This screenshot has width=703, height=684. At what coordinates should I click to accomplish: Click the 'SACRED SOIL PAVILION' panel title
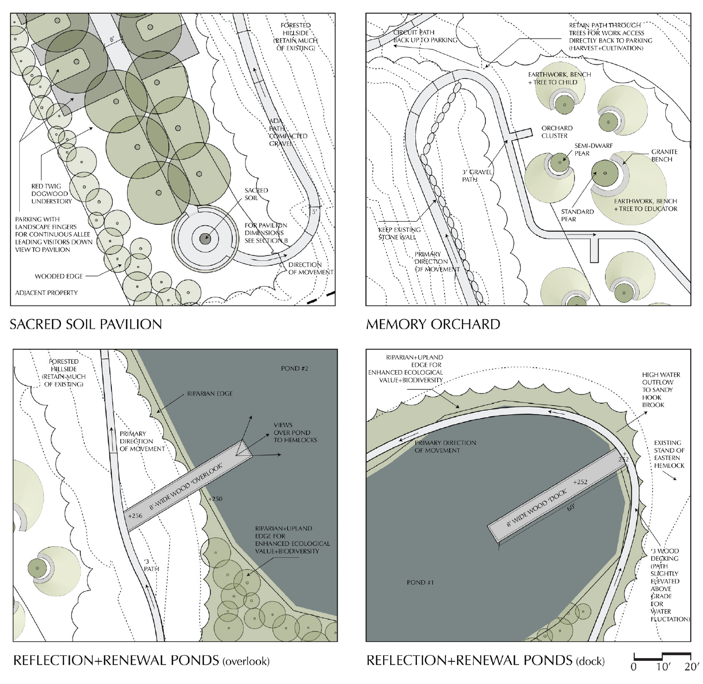(x=86, y=324)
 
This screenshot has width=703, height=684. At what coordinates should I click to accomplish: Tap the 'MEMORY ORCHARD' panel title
(x=433, y=324)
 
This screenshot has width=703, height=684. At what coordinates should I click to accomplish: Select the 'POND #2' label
(x=295, y=368)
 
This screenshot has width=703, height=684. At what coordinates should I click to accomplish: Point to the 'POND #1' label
(x=420, y=582)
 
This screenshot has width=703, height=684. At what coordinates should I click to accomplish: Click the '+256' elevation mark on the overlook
(x=135, y=516)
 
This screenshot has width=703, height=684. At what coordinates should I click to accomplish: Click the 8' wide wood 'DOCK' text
(x=536, y=508)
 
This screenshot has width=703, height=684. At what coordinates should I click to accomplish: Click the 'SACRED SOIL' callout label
(x=256, y=194)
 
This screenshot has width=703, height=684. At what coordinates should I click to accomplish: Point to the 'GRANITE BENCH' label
(x=664, y=155)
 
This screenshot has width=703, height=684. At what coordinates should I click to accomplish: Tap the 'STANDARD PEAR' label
(x=577, y=215)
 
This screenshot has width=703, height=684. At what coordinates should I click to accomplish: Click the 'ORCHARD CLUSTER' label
(x=556, y=132)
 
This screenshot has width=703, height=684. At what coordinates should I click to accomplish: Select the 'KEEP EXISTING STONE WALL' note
(x=399, y=233)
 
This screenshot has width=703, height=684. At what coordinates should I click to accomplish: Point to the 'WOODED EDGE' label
(x=58, y=276)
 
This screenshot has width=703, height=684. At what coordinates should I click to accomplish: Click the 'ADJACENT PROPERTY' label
(x=46, y=293)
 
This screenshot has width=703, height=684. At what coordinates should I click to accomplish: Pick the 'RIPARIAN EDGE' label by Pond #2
(x=209, y=393)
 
